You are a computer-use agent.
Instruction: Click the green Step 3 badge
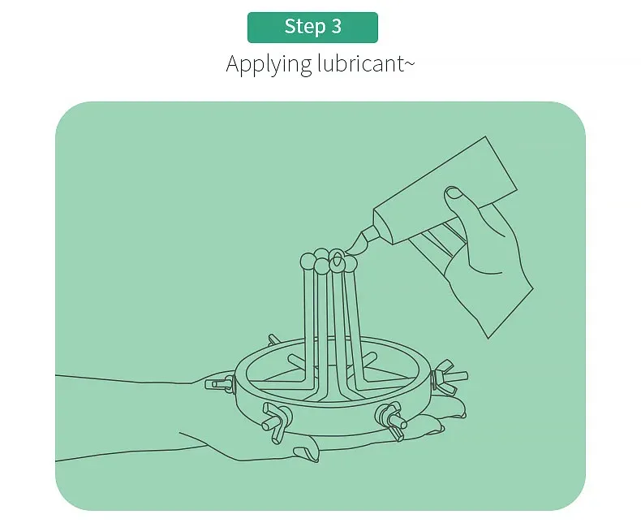312,28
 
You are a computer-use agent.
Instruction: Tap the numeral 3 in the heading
336,27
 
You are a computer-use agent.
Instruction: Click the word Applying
269,65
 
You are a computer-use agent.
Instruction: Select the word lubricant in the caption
360,64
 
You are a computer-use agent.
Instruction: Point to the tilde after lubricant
409,63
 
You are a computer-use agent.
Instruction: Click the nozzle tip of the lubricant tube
351,249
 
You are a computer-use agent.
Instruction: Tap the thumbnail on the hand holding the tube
454,193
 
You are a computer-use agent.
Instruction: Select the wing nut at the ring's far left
220,384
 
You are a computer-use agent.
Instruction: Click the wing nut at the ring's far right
449,377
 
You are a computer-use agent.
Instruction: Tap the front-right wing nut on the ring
391,421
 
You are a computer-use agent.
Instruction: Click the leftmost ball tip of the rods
308,261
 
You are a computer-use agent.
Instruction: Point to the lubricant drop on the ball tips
337,257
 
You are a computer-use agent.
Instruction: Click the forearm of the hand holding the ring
123,417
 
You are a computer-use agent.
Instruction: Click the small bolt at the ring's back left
274,339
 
